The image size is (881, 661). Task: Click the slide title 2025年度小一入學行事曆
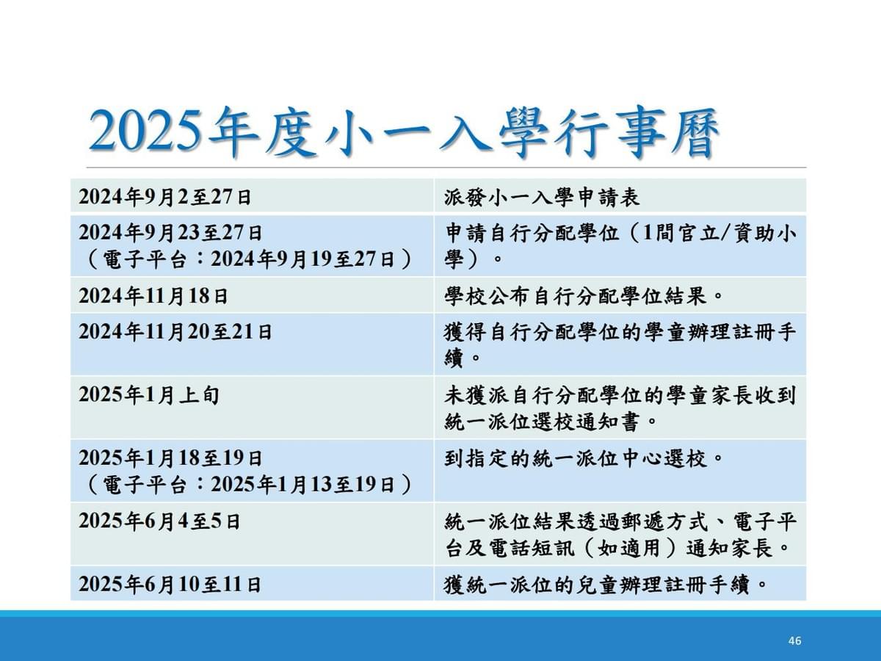coord(403,132)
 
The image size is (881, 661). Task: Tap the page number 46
coord(794,640)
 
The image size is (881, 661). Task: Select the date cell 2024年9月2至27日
coord(165,197)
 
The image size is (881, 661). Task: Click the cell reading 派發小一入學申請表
coord(542,198)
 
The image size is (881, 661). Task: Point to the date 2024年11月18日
coord(153,296)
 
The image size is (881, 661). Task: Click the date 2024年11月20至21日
coord(175,332)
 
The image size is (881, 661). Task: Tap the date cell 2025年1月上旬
coord(149,395)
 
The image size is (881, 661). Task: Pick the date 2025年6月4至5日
coord(159,521)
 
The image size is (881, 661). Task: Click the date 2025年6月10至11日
coord(170,584)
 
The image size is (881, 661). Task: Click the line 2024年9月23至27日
coord(170,233)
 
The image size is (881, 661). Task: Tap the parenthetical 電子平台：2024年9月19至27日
coord(249,259)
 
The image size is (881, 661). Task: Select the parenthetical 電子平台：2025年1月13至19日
coord(249,485)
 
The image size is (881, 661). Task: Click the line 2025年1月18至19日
coord(170,458)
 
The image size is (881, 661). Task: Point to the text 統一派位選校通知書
coord(542,422)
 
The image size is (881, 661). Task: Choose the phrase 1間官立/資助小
coord(719,233)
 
